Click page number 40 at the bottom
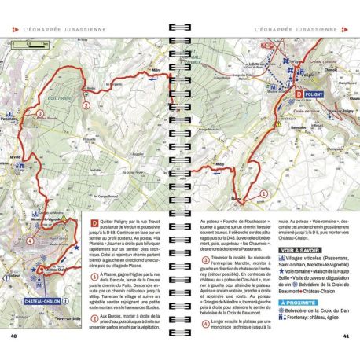[13, 337]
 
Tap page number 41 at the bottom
[347, 337]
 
